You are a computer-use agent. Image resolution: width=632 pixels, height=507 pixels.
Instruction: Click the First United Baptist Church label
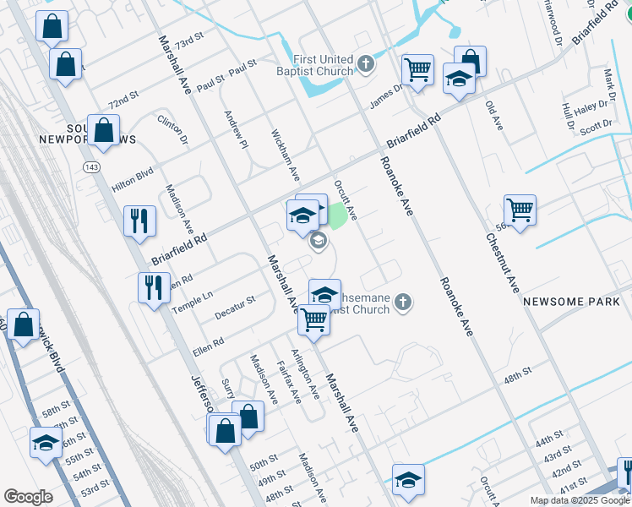click(323, 65)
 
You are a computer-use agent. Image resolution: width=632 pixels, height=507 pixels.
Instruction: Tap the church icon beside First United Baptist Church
click(366, 63)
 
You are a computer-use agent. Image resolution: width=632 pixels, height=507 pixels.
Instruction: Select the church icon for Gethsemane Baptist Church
click(404, 302)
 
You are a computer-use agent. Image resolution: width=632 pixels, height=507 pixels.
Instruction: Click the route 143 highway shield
click(89, 168)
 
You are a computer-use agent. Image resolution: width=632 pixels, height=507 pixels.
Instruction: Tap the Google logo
click(28, 497)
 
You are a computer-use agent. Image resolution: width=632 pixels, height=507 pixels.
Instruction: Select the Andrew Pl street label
click(236, 125)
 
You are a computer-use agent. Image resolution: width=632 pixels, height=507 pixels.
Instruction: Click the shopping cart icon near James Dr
click(417, 71)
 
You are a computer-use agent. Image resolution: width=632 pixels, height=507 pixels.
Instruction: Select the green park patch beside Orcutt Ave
click(337, 216)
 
